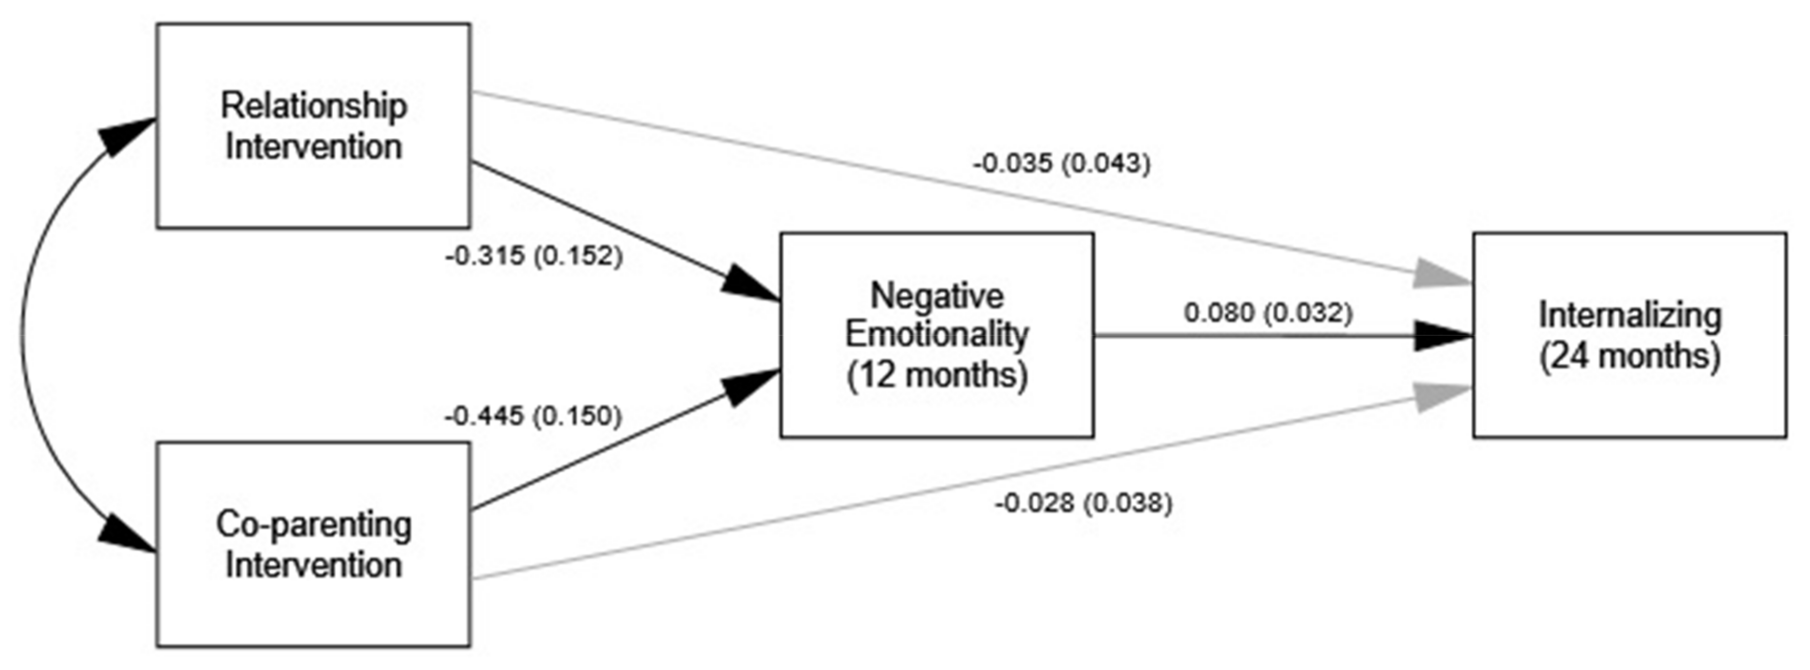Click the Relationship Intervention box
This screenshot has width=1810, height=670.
313,125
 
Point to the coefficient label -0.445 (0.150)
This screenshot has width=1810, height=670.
533,417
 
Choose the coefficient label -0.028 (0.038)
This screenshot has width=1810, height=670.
1083,503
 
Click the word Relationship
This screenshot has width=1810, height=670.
313,106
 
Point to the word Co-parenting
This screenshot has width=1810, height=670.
313,525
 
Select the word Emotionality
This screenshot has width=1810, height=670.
936,334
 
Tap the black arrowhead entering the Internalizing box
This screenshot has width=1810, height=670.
1440,336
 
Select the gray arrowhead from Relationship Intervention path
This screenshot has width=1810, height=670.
1440,274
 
